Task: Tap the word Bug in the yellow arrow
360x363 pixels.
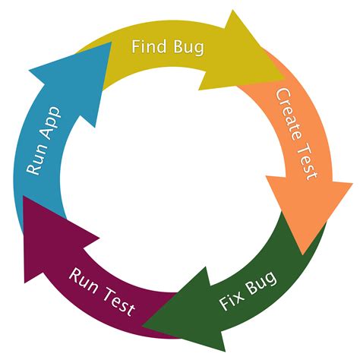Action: [x=188, y=48]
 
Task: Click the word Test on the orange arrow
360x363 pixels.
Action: [x=306, y=161]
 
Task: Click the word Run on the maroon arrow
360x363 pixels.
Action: [x=84, y=279]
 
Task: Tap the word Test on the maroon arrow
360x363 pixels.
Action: [x=118, y=301]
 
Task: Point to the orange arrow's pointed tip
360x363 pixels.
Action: [x=305, y=254]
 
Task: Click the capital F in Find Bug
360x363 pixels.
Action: [x=136, y=47]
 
